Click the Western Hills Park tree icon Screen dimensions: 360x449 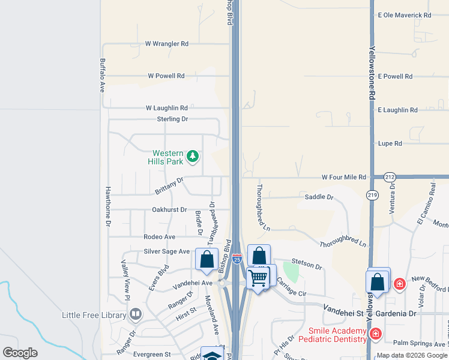pyautogui.click(x=192, y=157)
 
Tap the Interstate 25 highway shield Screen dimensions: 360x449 pyautogui.click(x=237, y=259)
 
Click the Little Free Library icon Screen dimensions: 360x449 pyautogui.click(x=136, y=314)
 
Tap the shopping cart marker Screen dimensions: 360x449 pyautogui.click(x=258, y=277)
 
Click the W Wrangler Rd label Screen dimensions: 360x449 pyautogui.click(x=167, y=44)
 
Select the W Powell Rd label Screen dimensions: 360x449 pyautogui.click(x=166, y=76)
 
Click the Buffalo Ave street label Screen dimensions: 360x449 pyautogui.click(x=102, y=74)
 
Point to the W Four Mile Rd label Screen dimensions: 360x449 pyautogui.click(x=343, y=177)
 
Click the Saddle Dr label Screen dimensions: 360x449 pyautogui.click(x=319, y=197)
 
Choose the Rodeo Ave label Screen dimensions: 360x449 pyautogui.click(x=159, y=237)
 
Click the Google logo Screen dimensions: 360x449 pyautogui.click(x=20, y=353)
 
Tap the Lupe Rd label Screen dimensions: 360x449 pyautogui.click(x=390, y=143)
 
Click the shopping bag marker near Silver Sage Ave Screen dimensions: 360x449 pyautogui.click(x=206, y=259)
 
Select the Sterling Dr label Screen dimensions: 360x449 pyautogui.click(x=172, y=119)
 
